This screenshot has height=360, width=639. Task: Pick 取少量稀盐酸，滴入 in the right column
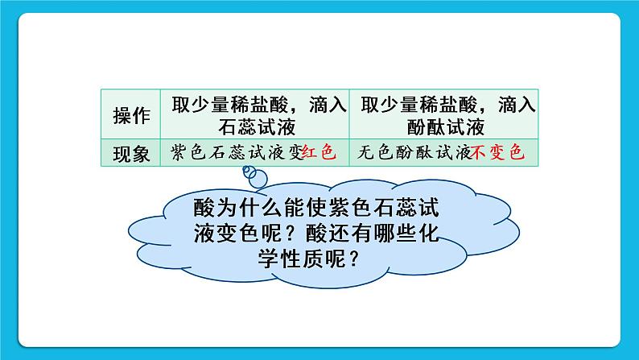coord(445,104)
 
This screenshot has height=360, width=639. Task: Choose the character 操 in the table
coord(122,115)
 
